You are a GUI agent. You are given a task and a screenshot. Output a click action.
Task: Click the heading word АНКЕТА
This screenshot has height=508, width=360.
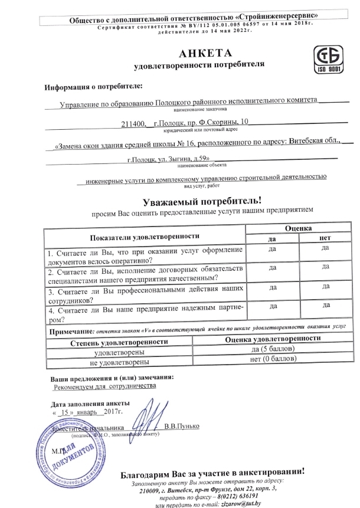coord(182,53)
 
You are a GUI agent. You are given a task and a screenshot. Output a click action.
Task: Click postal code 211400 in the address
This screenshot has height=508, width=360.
coord(133,123)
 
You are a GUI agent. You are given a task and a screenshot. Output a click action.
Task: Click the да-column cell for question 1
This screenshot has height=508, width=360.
coord(273,248)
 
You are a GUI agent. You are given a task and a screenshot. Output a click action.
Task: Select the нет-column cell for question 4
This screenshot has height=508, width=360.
coord(326,306)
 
